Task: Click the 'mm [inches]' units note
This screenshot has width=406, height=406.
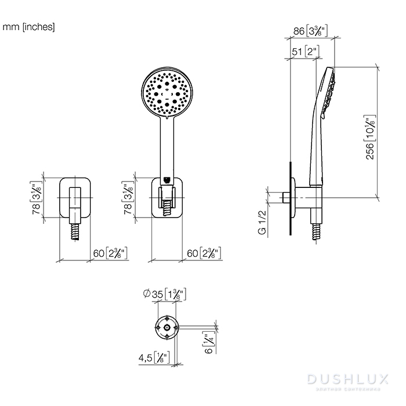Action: [x=28, y=27]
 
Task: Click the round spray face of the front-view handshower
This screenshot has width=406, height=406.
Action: [x=167, y=93]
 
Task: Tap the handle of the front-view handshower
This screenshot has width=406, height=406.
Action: [x=167, y=145]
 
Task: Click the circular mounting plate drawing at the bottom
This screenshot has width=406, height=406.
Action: [x=167, y=328]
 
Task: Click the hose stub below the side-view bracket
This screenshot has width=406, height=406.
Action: [x=316, y=230]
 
